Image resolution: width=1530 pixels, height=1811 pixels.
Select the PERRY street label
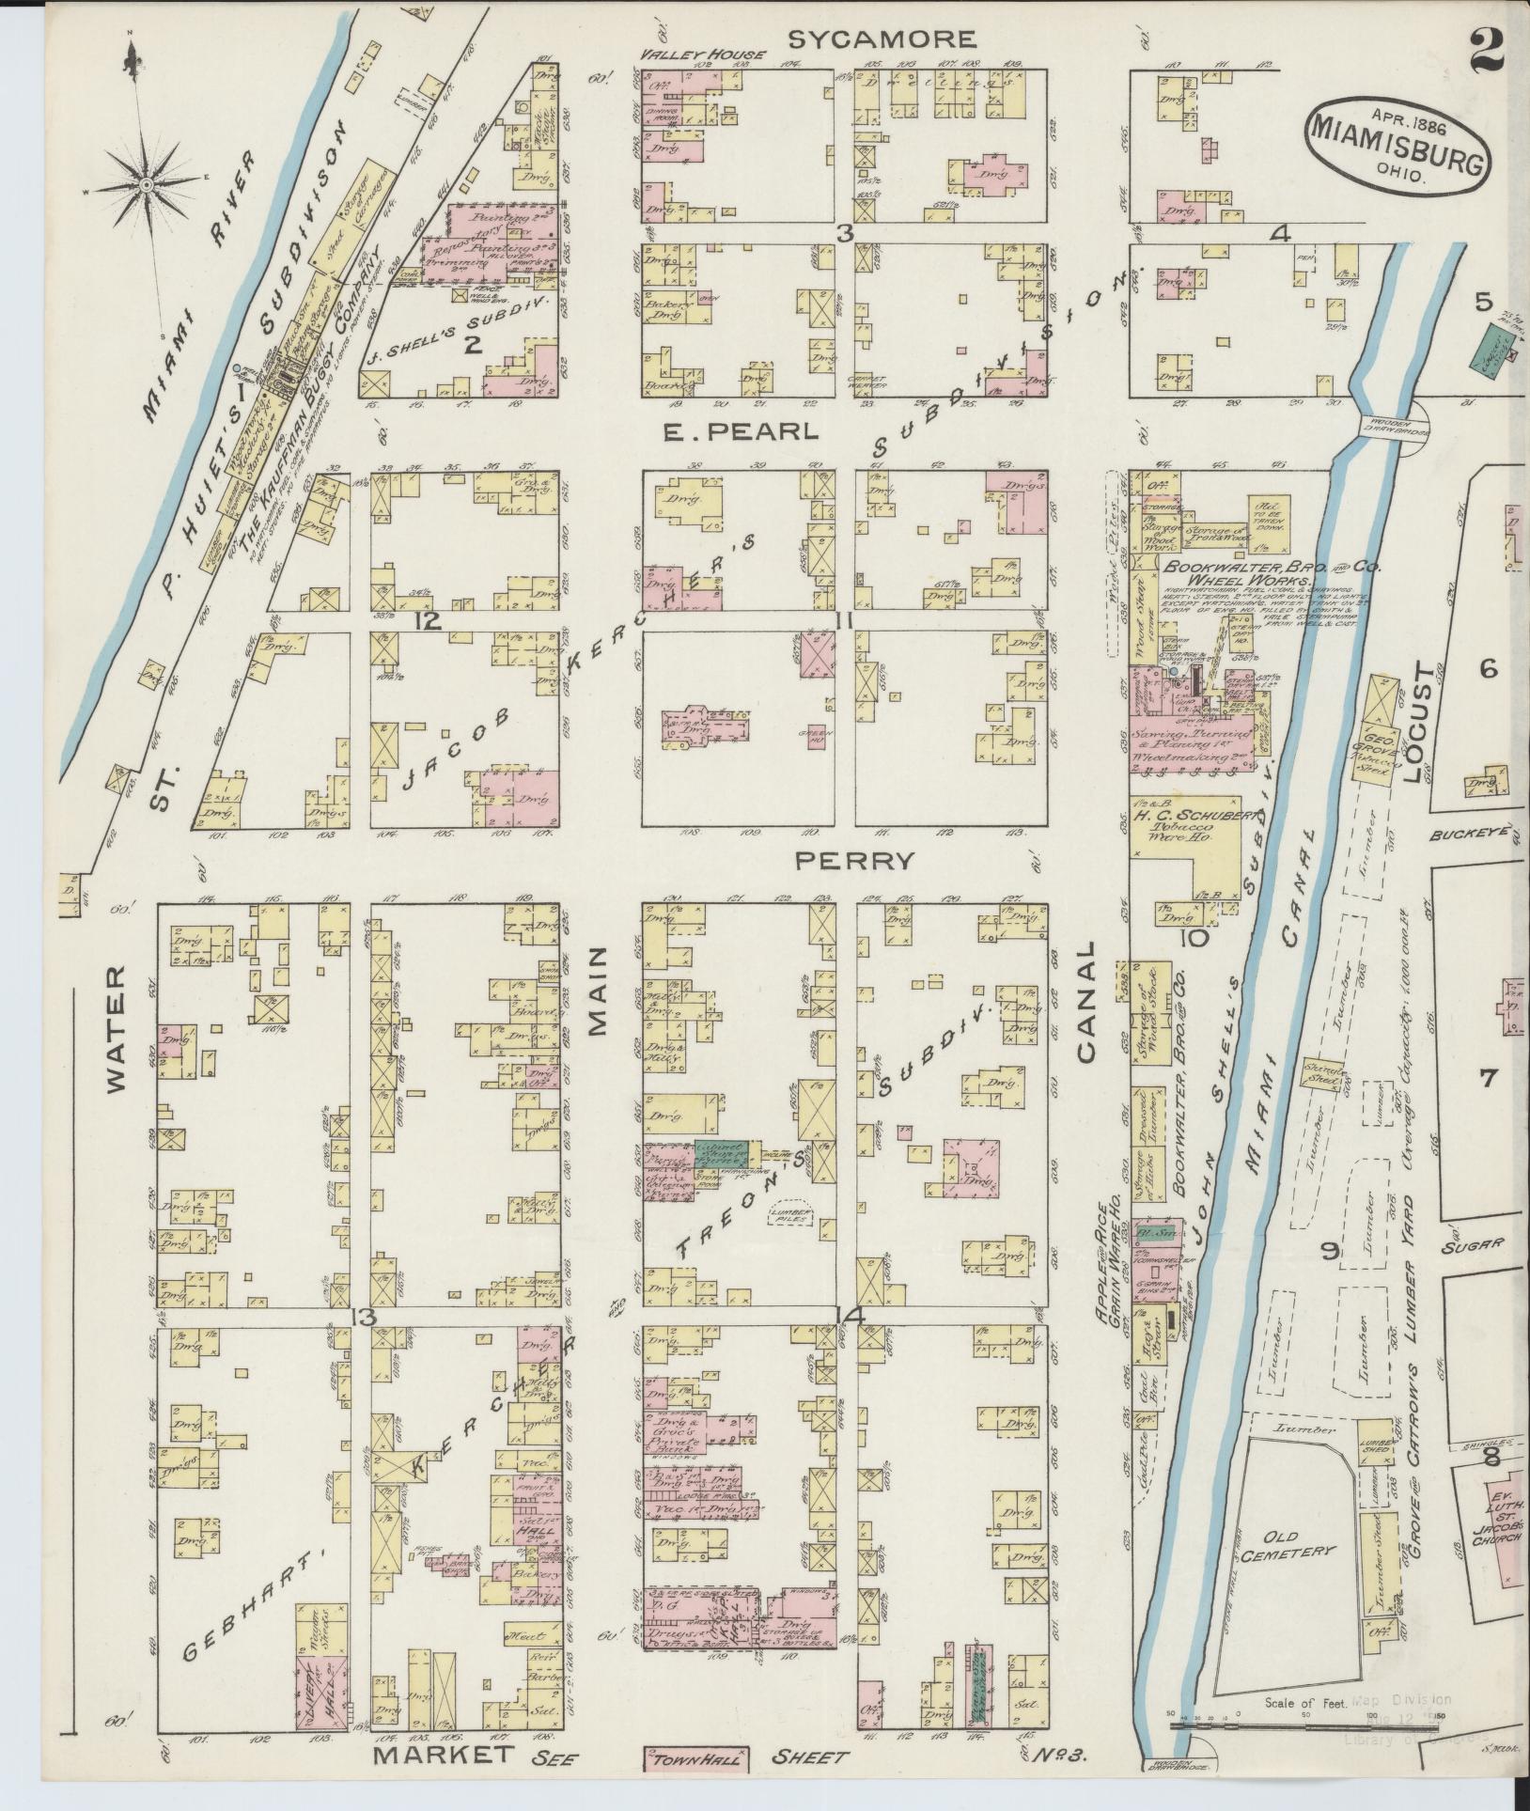click(854, 859)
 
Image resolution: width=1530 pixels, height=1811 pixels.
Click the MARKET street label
click(445, 1755)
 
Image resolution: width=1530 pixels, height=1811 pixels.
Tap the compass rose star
click(147, 186)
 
